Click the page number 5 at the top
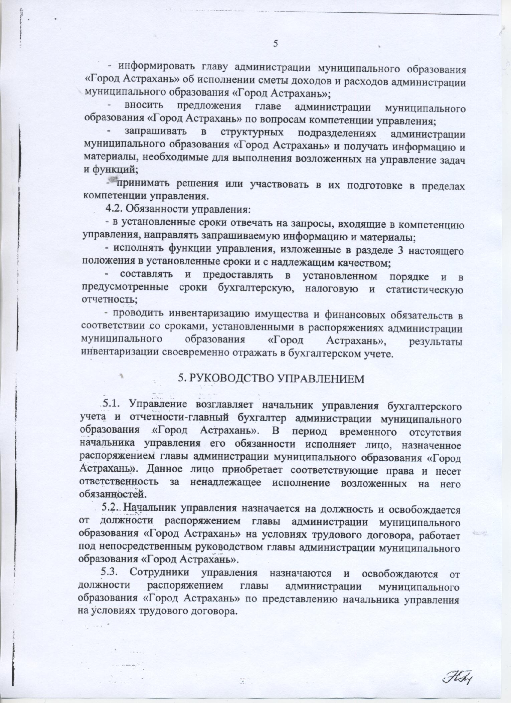coord(276,43)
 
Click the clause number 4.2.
coord(116,210)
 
